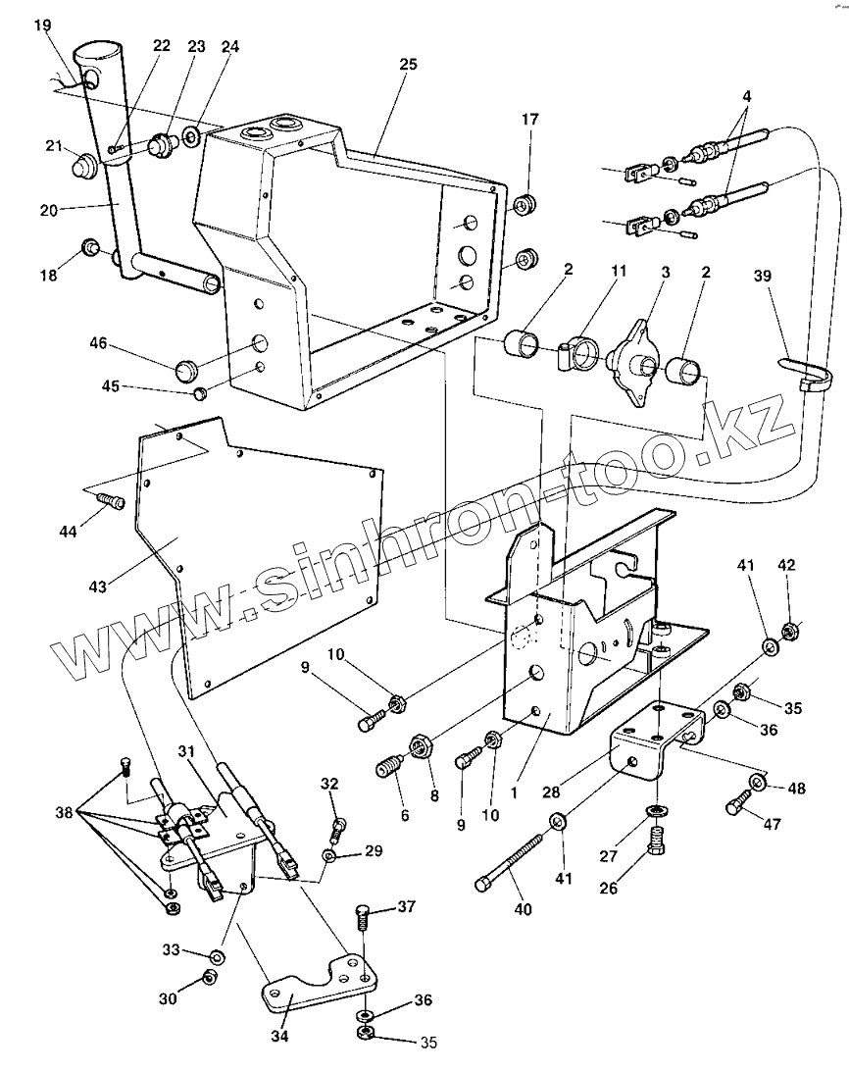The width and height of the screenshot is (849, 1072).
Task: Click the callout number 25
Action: pyautogui.click(x=409, y=65)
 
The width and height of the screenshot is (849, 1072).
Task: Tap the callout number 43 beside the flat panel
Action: pyautogui.click(x=97, y=586)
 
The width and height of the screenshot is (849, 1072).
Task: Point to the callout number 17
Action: pyautogui.click(x=530, y=120)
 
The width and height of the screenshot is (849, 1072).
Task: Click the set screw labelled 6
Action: pyautogui.click(x=390, y=766)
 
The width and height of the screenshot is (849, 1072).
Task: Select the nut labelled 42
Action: pyautogui.click(x=787, y=629)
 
